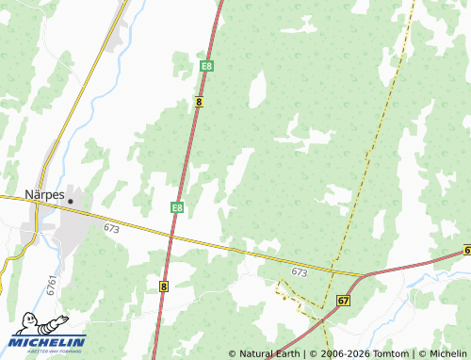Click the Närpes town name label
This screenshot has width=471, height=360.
[x=43, y=196]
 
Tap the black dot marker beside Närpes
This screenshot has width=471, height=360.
[x=71, y=201]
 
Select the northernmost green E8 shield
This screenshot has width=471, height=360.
[x=206, y=66]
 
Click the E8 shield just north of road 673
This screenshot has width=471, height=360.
[x=177, y=206]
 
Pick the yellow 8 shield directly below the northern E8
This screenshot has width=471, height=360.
[x=200, y=101]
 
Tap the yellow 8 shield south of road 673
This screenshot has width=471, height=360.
[x=164, y=286]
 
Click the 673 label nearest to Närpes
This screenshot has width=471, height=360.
[x=112, y=228]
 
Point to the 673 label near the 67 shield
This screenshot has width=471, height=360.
[x=300, y=271]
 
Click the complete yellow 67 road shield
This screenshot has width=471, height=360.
[x=342, y=300]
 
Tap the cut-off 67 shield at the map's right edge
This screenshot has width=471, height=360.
[x=467, y=250]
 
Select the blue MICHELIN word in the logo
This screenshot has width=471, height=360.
[x=49, y=342]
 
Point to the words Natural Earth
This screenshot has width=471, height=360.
[x=269, y=353]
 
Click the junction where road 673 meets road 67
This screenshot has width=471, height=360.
[x=365, y=275]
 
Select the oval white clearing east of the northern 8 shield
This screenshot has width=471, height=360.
[x=255, y=90]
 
